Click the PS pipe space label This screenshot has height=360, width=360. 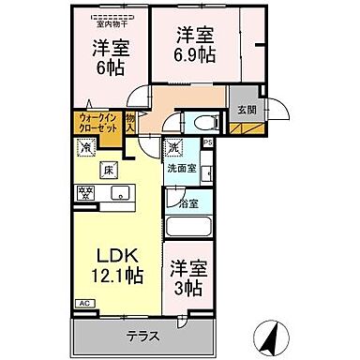tap(208, 142)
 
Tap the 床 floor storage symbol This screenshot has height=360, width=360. tap(108, 169)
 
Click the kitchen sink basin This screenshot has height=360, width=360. tap(119, 193)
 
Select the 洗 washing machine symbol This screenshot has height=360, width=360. tap(173, 147)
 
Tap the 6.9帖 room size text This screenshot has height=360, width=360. tap(197, 54)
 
